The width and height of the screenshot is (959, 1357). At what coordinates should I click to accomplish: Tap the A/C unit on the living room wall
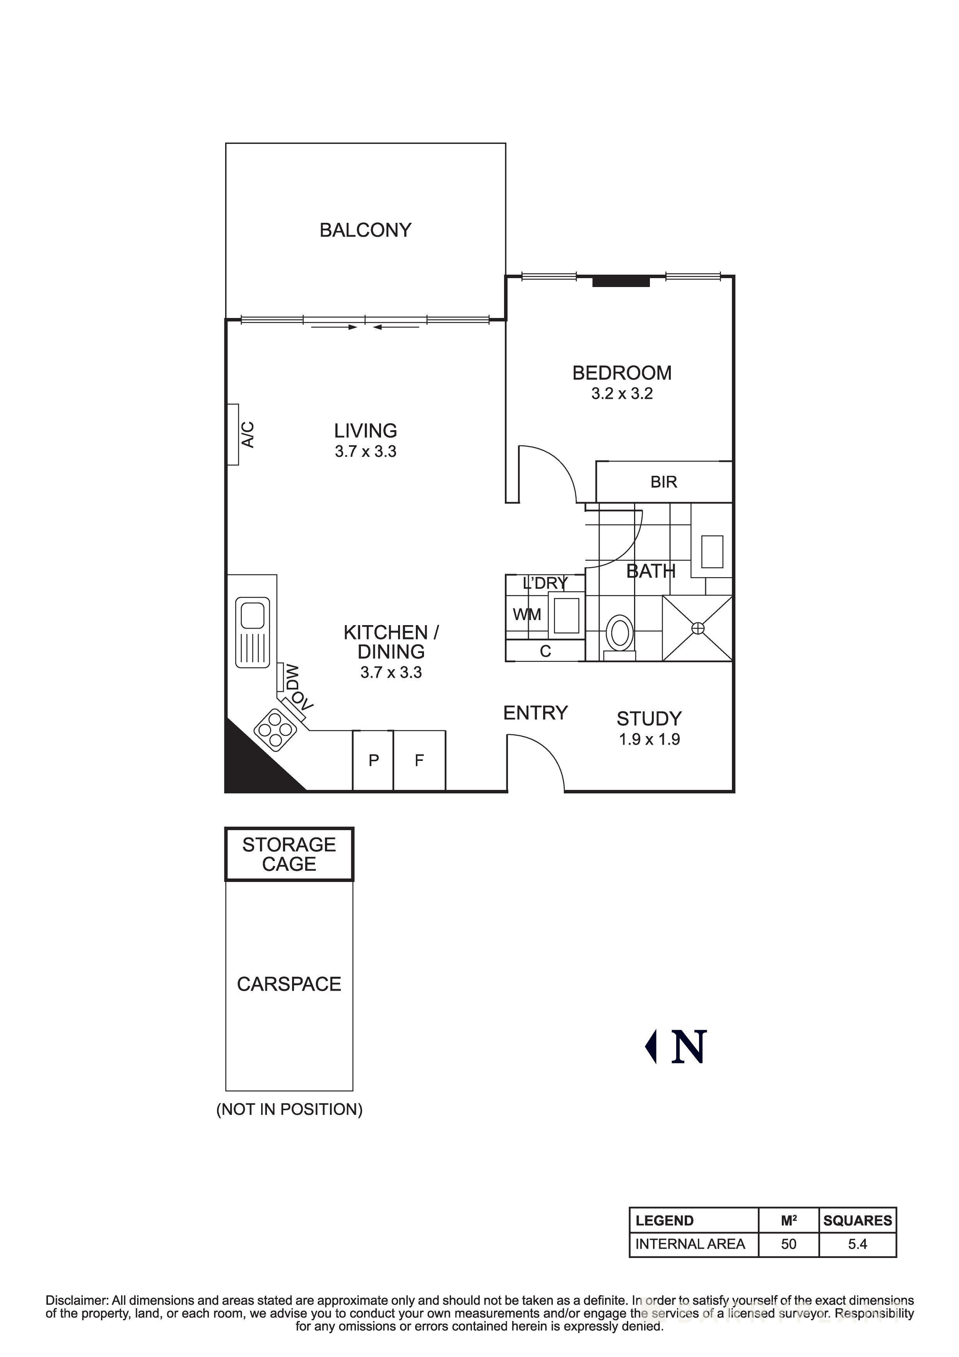[x=233, y=434]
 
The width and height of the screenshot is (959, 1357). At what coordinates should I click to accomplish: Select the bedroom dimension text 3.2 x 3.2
[x=622, y=394]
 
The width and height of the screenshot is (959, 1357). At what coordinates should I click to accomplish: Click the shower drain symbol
[x=698, y=628]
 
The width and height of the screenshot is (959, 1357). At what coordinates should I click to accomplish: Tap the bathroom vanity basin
[x=712, y=552]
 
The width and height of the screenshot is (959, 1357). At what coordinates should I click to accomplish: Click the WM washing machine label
[x=527, y=615]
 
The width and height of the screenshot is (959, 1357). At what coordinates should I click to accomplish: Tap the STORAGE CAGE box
[x=289, y=854]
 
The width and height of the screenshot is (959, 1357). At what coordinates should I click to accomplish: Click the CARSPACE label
[x=289, y=984]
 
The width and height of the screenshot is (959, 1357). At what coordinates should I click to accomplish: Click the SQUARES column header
[x=857, y=1220]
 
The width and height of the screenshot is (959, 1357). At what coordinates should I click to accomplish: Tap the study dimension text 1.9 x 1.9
[x=650, y=739]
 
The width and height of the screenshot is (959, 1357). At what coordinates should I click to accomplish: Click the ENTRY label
[x=535, y=713]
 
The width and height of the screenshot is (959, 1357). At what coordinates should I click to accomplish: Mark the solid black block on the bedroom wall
[x=621, y=282]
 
